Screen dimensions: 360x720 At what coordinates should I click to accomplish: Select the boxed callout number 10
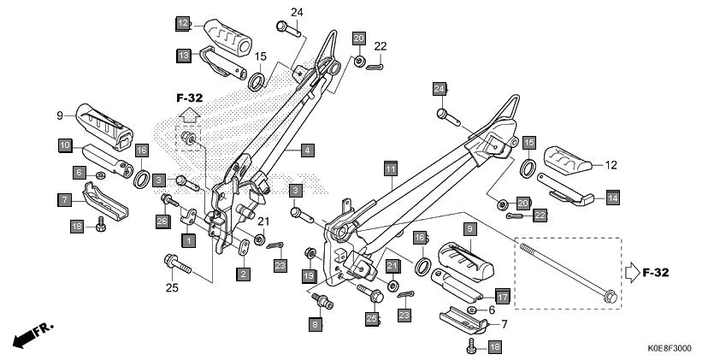pyautogui.click(x=64, y=146)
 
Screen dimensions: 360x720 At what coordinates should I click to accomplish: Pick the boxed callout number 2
pyautogui.click(x=244, y=274)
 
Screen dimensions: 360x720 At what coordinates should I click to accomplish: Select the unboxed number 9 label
pyautogui.click(x=61, y=115)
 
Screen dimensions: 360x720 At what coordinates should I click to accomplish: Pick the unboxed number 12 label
pyautogui.click(x=611, y=165)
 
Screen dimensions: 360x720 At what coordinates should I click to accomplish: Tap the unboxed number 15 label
pyautogui.click(x=260, y=56)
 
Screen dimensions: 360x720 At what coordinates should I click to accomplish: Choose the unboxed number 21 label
pyautogui.click(x=264, y=221)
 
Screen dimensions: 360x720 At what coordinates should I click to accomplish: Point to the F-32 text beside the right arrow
pyautogui.click(x=656, y=273)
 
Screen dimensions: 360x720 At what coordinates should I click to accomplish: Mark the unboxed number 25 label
pyautogui.click(x=172, y=288)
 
